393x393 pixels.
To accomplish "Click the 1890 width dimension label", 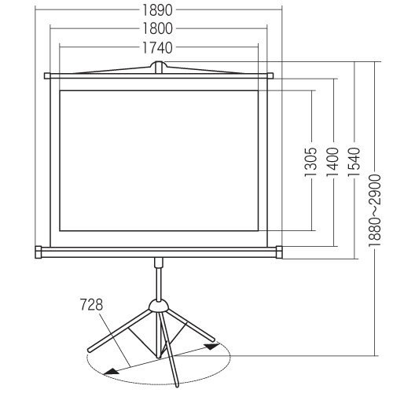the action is pyautogui.click(x=157, y=10).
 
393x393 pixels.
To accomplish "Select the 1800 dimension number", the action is pyautogui.click(x=157, y=28).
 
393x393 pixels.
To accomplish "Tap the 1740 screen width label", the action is pyautogui.click(x=157, y=48).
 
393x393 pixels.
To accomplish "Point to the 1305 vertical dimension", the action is pyautogui.click(x=311, y=162).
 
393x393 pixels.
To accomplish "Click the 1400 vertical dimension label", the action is pyautogui.click(x=333, y=162).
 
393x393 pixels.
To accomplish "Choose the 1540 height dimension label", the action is pyautogui.click(x=354, y=162).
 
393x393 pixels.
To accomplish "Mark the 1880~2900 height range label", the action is pyautogui.click(x=375, y=211).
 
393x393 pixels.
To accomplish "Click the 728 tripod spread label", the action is pyautogui.click(x=91, y=305).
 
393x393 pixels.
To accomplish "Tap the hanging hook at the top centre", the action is pyautogui.click(x=158, y=67).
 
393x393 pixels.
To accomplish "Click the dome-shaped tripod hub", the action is pyautogui.click(x=158, y=306).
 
